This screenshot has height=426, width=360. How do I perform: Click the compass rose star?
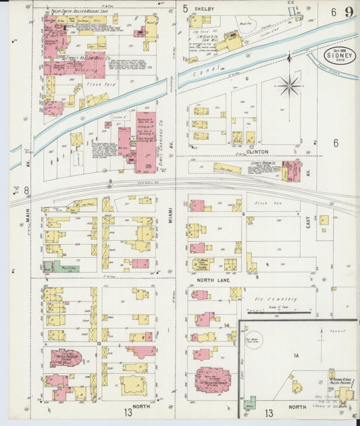[x=289, y=85]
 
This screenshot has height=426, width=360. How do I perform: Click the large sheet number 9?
[x=349, y=11]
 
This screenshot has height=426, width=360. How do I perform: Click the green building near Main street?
[x=61, y=267]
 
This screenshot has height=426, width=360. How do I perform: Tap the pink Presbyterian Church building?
[x=211, y=379]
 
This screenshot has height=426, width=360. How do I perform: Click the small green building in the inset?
[x=251, y=404]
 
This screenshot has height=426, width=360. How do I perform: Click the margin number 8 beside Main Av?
[x=27, y=191]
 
